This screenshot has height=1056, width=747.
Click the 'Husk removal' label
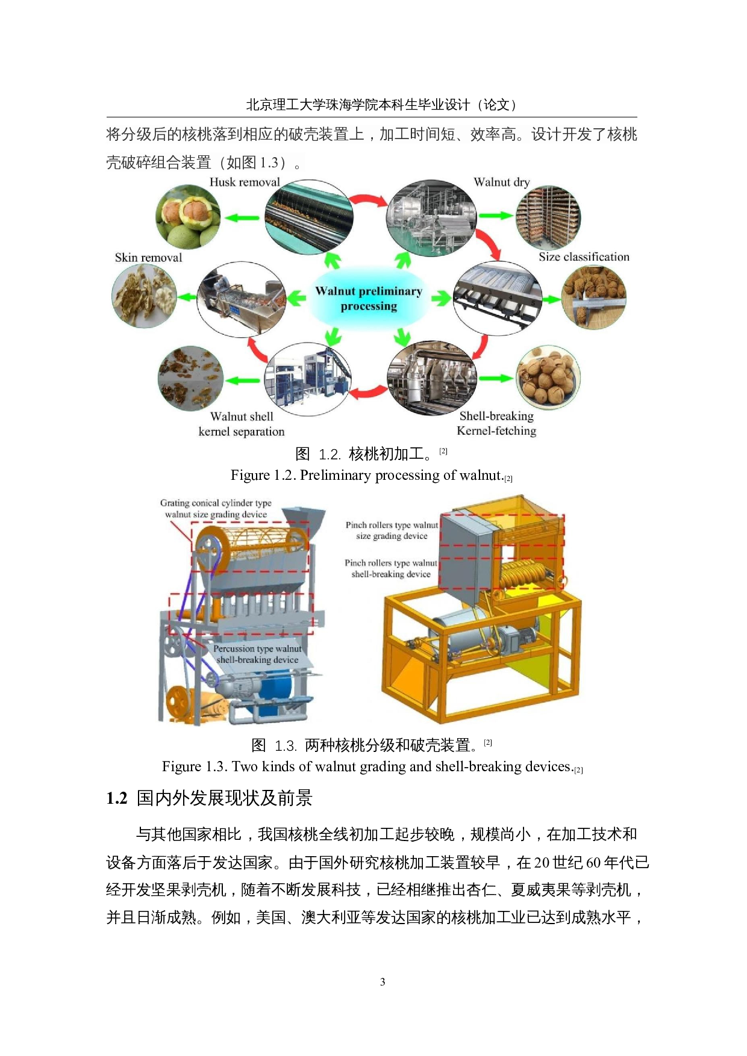[245, 182]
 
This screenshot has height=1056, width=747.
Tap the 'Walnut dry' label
[501, 182]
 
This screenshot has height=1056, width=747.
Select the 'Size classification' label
[583, 257]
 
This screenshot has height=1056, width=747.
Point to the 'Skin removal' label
[148, 258]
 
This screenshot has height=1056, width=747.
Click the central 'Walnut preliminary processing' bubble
[369, 299]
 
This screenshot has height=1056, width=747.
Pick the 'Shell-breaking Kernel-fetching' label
[496, 423]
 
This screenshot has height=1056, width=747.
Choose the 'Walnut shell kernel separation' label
[242, 424]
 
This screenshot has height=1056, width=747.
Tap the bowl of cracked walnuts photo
[548, 377]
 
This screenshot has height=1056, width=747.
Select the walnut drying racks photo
[548, 217]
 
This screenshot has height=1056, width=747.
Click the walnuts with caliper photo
[593, 296]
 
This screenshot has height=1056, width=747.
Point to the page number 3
[383, 982]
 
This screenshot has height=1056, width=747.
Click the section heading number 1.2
[117, 798]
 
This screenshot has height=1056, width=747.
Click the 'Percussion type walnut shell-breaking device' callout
[257, 654]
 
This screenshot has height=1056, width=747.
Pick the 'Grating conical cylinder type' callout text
[216, 503]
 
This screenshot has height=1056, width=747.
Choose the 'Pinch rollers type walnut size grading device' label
[392, 530]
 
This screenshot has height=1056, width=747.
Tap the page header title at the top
[381, 105]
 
